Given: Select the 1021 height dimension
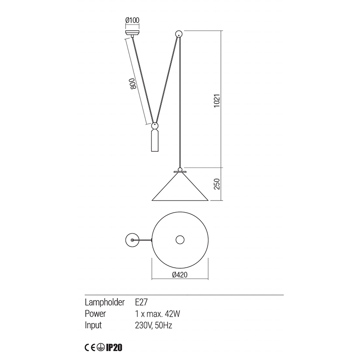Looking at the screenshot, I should click(217, 100).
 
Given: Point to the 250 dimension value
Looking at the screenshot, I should click(217, 185).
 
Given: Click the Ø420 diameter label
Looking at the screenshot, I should click(180, 274).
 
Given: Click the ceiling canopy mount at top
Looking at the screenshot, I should click(133, 32).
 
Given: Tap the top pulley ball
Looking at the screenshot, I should click(179, 33).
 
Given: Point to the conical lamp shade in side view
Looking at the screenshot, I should click(180, 189).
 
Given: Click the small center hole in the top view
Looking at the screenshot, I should click(180, 240).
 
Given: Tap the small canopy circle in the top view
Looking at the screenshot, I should click(133, 240).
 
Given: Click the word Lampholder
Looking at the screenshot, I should click(105, 302).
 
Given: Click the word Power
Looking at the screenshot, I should click(96, 314).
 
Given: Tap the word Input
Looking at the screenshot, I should click(94, 325).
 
